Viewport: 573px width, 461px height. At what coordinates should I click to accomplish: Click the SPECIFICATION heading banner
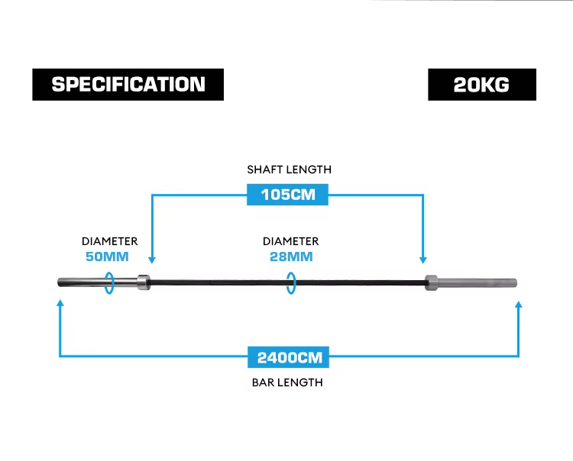point(128,84)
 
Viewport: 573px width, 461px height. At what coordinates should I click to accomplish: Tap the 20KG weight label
point(482,84)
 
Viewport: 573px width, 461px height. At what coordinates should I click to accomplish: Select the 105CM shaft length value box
point(287,195)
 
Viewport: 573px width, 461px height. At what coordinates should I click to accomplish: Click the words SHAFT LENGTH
point(289,169)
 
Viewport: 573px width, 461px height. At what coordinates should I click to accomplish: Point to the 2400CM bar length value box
point(288,357)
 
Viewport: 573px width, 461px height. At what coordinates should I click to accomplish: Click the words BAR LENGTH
point(287,382)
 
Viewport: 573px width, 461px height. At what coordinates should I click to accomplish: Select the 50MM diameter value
point(107,256)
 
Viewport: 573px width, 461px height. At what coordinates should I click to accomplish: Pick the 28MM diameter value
point(291,256)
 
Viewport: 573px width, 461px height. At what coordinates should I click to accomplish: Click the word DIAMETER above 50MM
point(109,241)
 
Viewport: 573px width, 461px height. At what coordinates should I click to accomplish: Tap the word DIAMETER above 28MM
point(291,241)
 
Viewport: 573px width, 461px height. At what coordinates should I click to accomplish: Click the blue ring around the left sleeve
point(105,283)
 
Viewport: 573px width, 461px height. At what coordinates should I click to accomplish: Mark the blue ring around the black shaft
point(286,283)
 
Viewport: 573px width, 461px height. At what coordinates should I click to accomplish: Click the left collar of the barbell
point(144,282)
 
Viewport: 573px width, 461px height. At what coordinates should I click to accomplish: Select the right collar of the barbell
point(431,283)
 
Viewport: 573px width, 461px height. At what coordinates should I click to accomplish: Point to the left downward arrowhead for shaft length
point(152,260)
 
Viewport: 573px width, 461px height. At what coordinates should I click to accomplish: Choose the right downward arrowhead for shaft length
point(423,260)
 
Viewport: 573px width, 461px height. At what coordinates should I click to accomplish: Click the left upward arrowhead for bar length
point(60,304)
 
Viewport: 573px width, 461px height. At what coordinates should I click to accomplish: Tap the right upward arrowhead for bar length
point(518,305)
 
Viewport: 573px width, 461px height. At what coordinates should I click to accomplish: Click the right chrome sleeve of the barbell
point(477,283)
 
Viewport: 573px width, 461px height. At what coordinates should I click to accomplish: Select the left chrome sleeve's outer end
point(59,282)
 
